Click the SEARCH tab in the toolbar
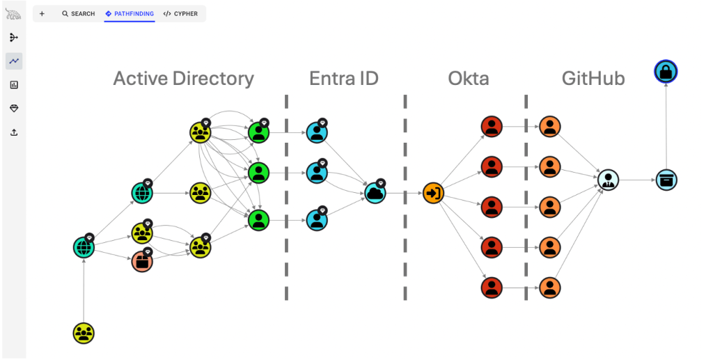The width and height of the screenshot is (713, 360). (x=78, y=14)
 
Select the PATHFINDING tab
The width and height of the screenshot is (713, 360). (x=130, y=14)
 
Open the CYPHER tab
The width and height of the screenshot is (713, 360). (x=180, y=14)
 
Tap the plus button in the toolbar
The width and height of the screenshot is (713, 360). (x=42, y=14)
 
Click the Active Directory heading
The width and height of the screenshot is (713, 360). (x=183, y=78)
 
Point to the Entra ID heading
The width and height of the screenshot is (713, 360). (x=344, y=78)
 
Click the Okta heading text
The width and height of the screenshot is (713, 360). (x=468, y=78)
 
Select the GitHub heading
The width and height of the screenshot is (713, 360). (x=593, y=78)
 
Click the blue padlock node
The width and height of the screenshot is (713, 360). (x=666, y=71)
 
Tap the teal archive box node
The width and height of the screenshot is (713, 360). (x=666, y=180)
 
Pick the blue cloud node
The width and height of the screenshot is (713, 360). (x=375, y=192)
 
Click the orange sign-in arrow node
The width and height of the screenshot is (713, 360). (x=433, y=192)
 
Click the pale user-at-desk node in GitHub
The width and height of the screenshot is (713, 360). (x=608, y=180)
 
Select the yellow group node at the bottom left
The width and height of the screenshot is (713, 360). (x=84, y=333)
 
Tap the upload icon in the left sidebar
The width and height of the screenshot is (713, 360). (x=14, y=132)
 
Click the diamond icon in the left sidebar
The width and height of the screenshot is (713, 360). (x=14, y=109)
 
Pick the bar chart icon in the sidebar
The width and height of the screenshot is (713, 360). (x=14, y=85)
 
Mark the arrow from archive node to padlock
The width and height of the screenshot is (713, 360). (x=666, y=125)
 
